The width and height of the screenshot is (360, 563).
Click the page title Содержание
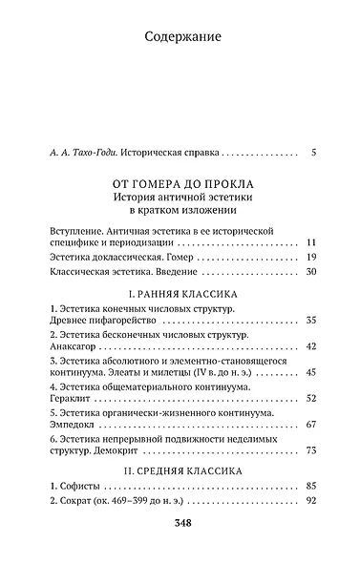[x=180, y=38]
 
